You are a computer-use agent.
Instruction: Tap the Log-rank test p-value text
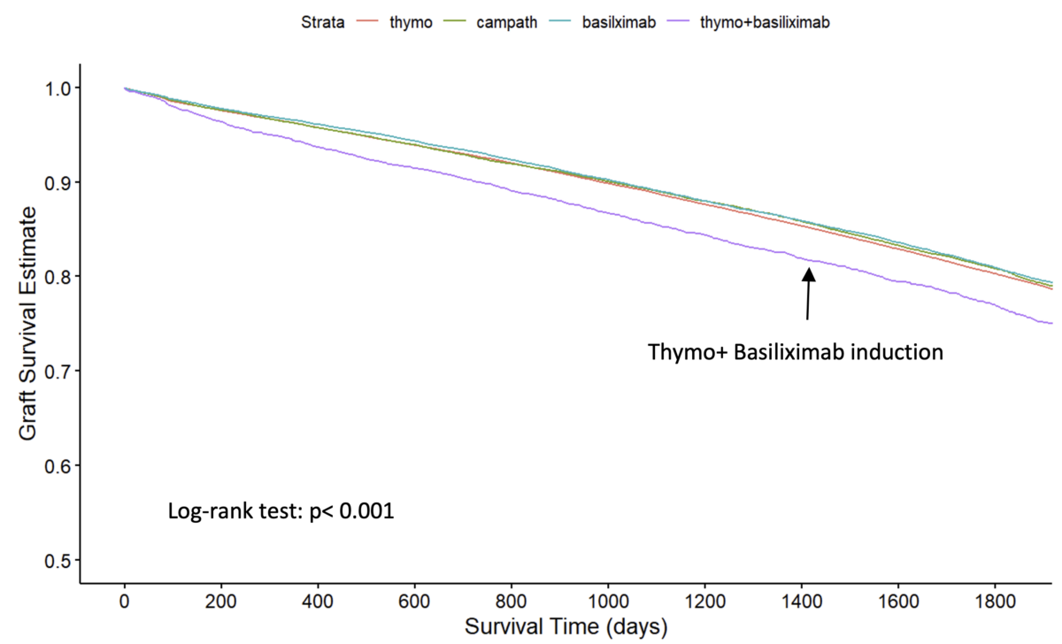tap(281, 511)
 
